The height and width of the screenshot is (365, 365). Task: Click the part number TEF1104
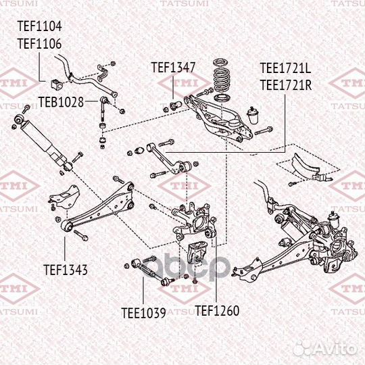[39, 27]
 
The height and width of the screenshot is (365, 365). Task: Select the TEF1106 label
[39, 43]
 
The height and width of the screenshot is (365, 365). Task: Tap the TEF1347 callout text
[173, 68]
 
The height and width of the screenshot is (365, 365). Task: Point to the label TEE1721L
[286, 68]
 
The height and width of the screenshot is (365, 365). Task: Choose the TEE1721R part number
[286, 84]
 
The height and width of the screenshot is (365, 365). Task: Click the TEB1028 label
[60, 103]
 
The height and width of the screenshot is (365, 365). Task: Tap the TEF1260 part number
[217, 312]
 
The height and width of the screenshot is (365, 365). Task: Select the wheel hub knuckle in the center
[193, 223]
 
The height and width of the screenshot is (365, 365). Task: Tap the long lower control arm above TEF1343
[101, 206]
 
